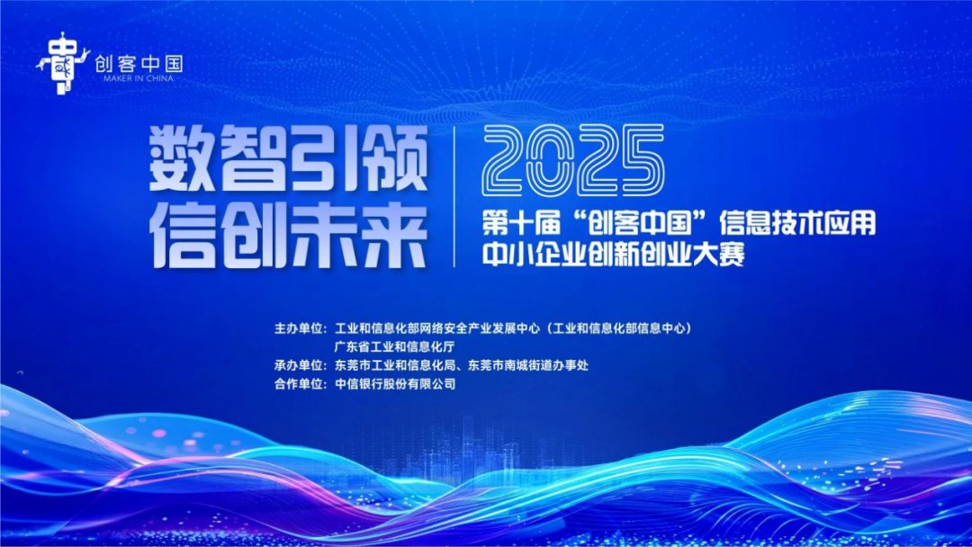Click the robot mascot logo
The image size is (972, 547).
click(63, 64)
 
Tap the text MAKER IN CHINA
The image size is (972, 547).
click(139, 78)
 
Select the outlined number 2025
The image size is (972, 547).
click(573, 161)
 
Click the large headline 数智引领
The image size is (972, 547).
click(289, 158)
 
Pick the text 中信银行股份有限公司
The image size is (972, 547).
click(395, 384)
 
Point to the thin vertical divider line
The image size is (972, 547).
click(454, 196)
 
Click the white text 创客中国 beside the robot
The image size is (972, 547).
click(139, 64)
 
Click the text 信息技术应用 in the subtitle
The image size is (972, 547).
click(797, 224)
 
